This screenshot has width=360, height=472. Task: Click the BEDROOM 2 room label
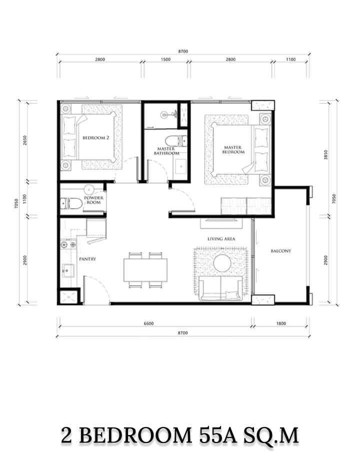96,138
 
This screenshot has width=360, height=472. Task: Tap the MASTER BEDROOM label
233,150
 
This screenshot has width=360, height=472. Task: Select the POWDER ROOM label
93,200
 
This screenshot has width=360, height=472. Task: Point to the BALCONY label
281,251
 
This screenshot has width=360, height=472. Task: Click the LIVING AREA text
221,239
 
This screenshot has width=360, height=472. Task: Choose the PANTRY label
87,259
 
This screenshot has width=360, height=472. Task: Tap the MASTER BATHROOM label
166,151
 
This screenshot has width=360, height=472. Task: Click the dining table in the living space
145,270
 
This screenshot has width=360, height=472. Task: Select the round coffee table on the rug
222,263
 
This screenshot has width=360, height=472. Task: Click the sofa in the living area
221,288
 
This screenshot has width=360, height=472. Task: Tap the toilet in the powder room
71,203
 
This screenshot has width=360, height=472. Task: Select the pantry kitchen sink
68,271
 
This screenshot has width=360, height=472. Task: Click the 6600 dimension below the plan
149,324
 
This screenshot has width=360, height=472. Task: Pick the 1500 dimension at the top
165,59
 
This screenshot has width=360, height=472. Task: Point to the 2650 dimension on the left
25,140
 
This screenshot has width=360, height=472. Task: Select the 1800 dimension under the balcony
281,324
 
